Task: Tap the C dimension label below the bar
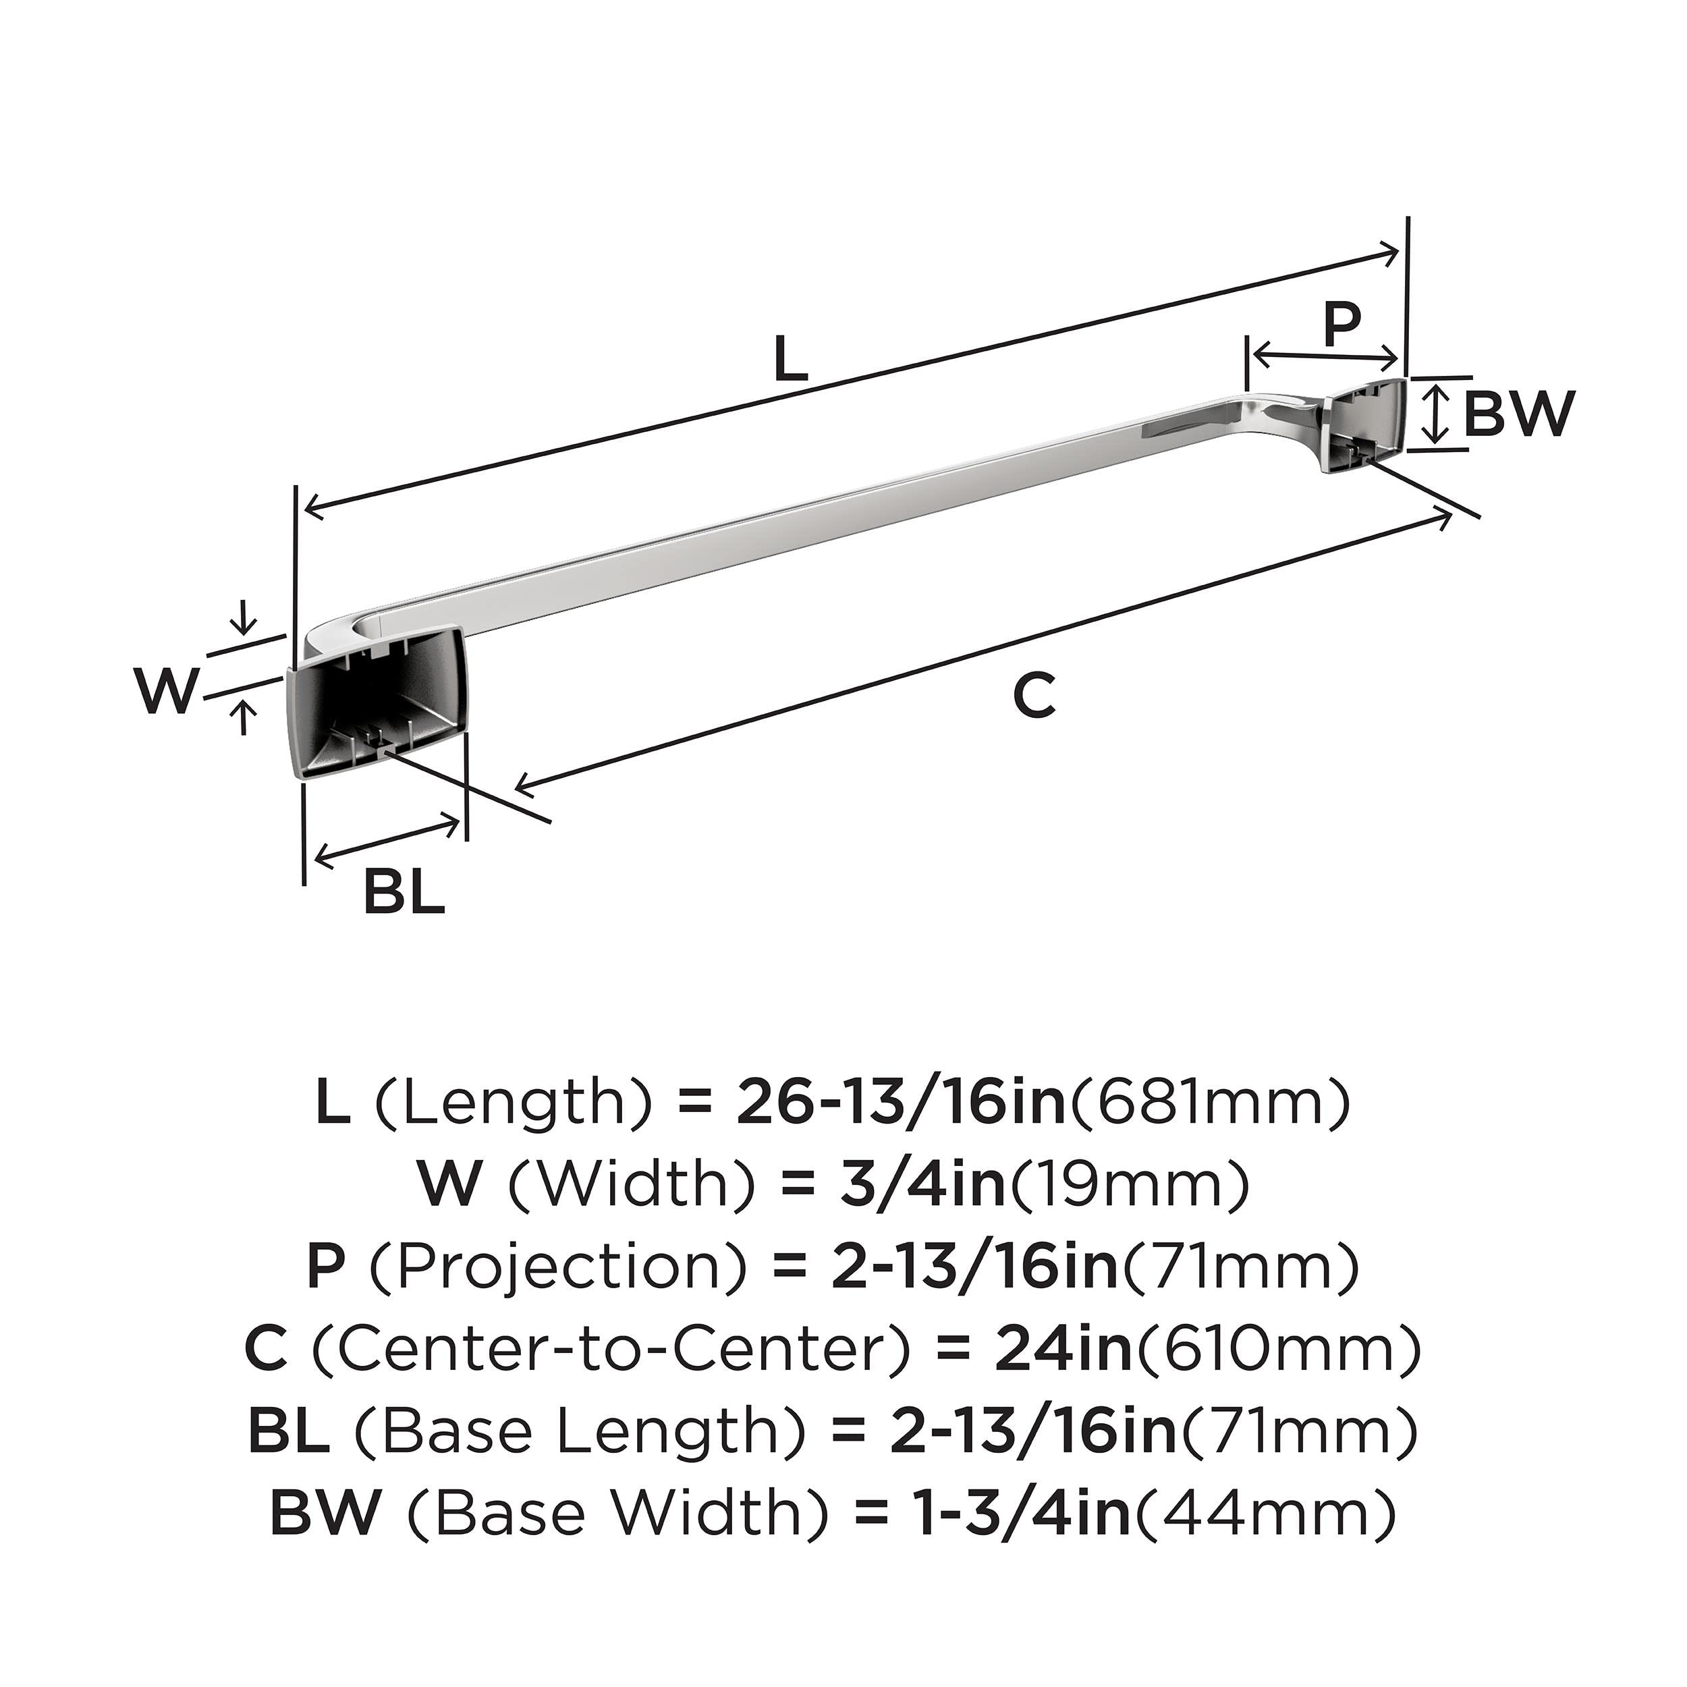[x=1034, y=696]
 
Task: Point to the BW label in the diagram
[x=1518, y=413]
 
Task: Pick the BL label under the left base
[x=404, y=891]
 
